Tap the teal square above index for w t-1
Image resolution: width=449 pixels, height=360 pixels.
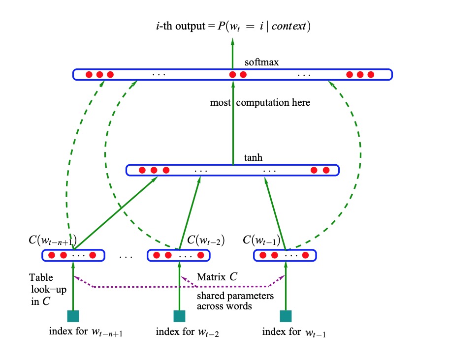pos(286,316)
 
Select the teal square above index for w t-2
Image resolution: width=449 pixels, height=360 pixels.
pos(179,316)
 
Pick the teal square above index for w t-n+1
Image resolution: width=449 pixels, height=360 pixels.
pos(73,316)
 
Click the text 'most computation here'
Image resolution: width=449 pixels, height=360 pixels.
pos(260,103)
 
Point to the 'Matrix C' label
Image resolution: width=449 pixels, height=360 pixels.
pos(217,277)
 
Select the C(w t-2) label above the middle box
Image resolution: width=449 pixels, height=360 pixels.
pos(206,241)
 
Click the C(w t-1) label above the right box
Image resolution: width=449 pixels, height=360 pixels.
pos(262,241)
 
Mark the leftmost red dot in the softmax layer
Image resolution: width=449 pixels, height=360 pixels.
pos(89,75)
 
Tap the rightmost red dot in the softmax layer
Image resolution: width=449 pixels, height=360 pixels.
pos(371,75)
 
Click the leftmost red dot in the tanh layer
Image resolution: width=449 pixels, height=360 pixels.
pos(142,171)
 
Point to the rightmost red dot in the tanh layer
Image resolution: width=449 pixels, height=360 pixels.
pos(326,171)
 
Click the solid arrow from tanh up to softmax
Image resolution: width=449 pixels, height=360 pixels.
pos(233,123)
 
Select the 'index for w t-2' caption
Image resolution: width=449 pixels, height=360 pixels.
pos(187,332)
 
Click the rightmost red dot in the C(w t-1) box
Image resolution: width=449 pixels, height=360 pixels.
pos(306,256)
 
